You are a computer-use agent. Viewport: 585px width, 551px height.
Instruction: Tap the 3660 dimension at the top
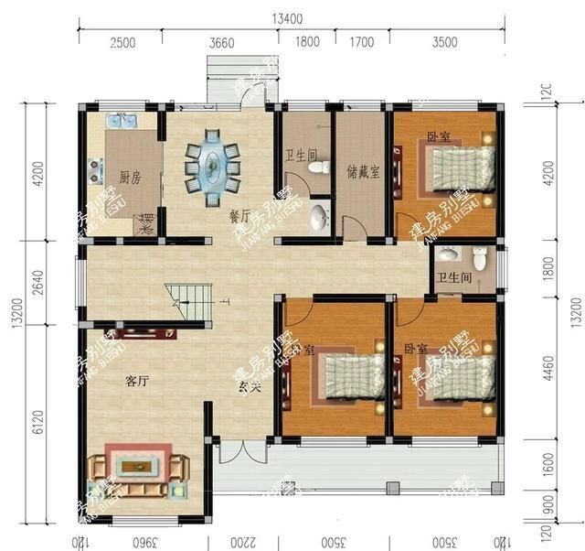pyautogui.click(x=222, y=43)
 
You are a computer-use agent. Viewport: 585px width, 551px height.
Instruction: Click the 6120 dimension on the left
pyautogui.click(x=37, y=421)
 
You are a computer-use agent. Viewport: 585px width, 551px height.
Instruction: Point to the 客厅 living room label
pyautogui.click(x=135, y=381)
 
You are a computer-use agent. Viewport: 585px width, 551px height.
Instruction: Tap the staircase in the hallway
pyautogui.click(x=185, y=303)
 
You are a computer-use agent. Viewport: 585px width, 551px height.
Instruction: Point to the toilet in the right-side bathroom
pyautogui.click(x=447, y=255)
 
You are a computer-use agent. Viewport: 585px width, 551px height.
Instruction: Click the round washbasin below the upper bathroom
pyautogui.click(x=318, y=218)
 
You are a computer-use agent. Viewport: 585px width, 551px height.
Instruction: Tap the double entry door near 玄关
pyautogui.click(x=231, y=451)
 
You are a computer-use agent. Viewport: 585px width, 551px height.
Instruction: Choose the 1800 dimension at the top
pyautogui.click(x=308, y=43)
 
